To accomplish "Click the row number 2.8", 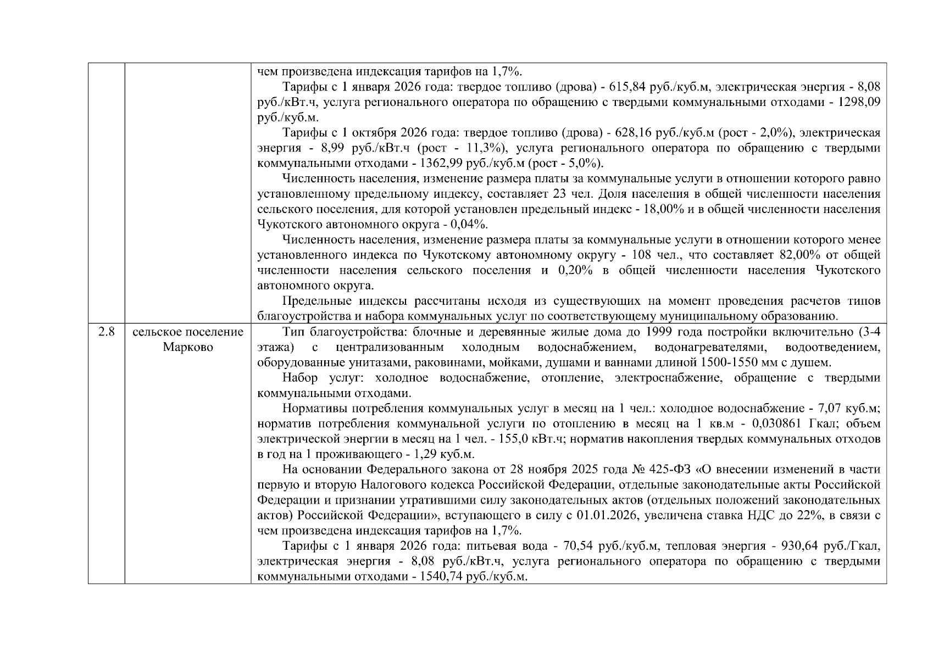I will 106,332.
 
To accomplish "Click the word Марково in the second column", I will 188,347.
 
